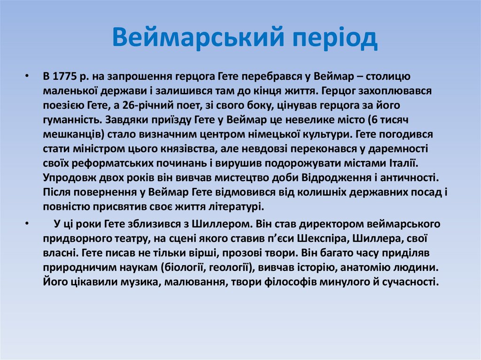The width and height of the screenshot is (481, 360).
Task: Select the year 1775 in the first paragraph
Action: click(63, 76)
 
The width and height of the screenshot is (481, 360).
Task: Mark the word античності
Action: click(410, 178)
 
